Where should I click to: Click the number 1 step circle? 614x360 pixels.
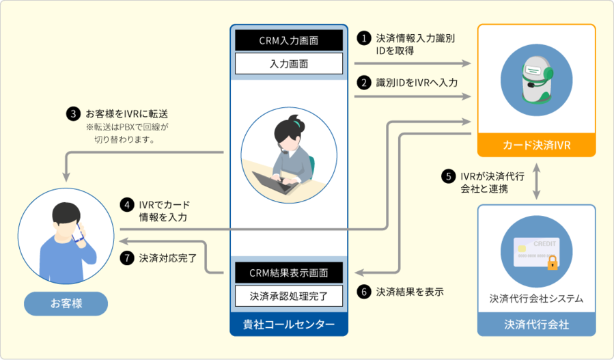pos(365,38)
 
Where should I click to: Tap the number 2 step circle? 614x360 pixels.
pos(365,83)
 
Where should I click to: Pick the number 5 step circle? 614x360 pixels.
pos(449,176)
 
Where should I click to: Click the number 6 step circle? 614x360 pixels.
pos(365,292)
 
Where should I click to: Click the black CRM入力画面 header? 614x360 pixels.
pos(289,40)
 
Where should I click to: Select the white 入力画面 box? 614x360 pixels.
pos(289,64)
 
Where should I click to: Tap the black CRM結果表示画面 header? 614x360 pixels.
pos(289,273)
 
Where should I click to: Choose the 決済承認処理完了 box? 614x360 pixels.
pos(289,296)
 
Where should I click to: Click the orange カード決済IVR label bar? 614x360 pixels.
pos(536,145)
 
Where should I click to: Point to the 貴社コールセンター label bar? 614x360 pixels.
pos(289,324)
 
